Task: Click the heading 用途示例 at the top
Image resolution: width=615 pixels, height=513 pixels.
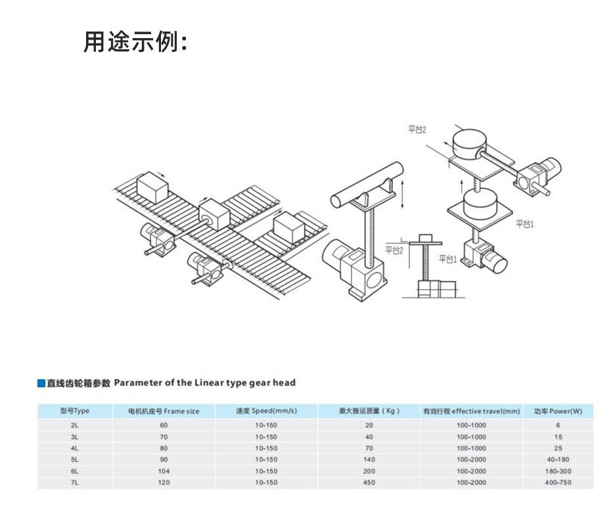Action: tap(135, 42)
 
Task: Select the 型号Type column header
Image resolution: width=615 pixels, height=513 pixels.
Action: tap(74, 411)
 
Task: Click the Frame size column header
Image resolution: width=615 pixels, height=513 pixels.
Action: tap(164, 411)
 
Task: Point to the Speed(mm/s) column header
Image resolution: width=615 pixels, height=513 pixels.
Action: tap(266, 411)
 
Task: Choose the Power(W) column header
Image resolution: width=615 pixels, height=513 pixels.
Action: tap(558, 411)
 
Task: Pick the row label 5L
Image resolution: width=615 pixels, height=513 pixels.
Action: tap(74, 459)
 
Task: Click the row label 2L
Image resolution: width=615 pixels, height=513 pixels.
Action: tap(74, 425)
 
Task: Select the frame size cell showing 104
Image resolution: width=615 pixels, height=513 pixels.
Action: tap(164, 471)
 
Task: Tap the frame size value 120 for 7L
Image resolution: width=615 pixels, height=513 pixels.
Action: tap(164, 482)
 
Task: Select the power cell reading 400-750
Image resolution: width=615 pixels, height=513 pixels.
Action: tap(558, 482)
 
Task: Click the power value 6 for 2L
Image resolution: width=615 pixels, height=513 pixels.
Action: tap(558, 425)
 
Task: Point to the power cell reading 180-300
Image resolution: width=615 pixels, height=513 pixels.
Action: tap(558, 471)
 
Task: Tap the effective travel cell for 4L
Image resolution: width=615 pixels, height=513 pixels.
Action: tap(471, 448)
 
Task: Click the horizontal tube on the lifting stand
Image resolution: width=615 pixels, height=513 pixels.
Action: tap(368, 185)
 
